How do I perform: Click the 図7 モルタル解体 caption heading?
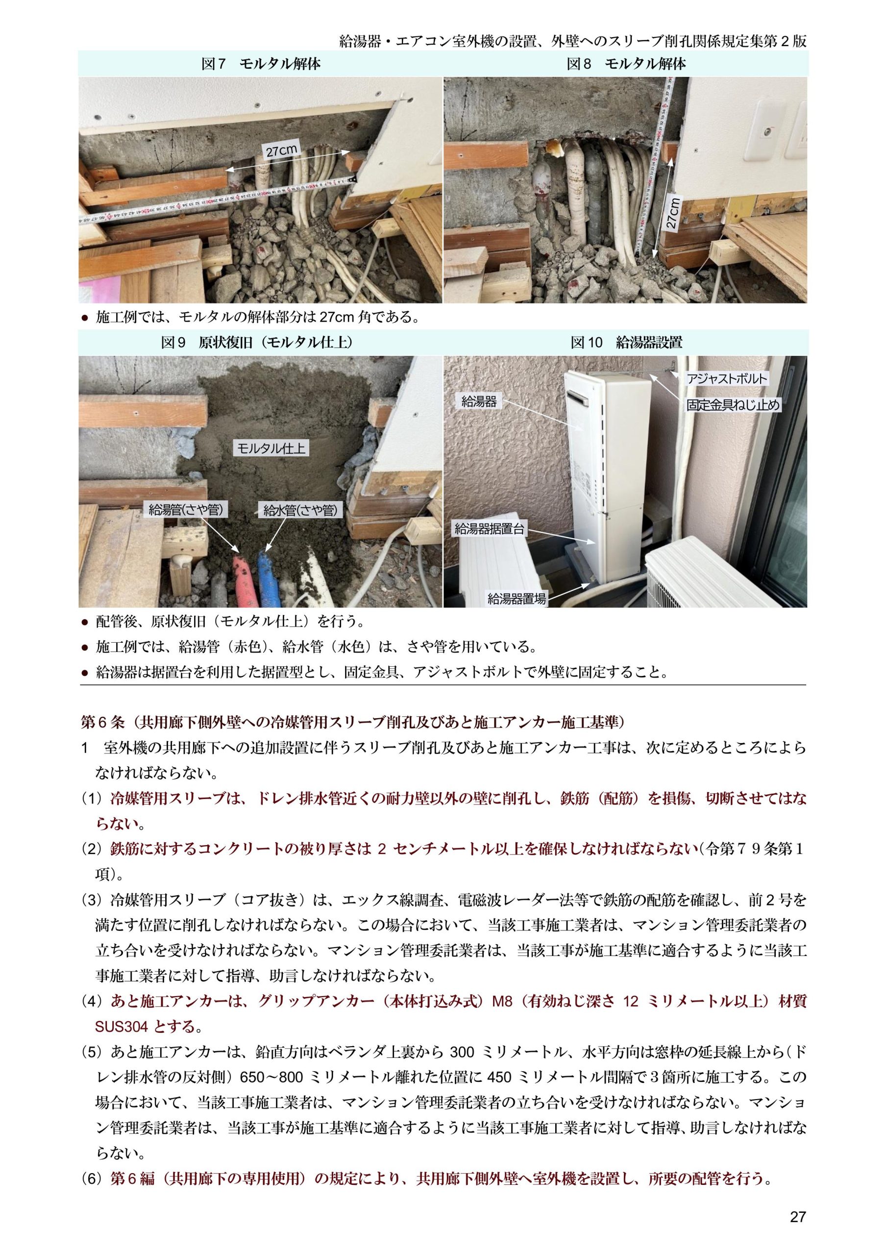(x=261, y=64)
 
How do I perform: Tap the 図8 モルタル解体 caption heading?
(x=626, y=64)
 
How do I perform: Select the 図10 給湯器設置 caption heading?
(x=626, y=343)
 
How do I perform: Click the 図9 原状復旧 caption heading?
(x=257, y=343)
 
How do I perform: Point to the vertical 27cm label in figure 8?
(x=673, y=212)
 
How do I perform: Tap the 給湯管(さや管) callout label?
(x=186, y=510)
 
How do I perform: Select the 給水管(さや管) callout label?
(x=300, y=510)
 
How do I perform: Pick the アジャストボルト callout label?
(x=727, y=379)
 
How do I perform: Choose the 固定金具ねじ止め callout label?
(x=734, y=405)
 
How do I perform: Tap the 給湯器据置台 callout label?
(x=490, y=528)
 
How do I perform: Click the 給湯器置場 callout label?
(x=517, y=599)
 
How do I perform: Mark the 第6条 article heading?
(x=352, y=723)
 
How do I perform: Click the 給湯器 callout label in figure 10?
(x=479, y=402)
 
